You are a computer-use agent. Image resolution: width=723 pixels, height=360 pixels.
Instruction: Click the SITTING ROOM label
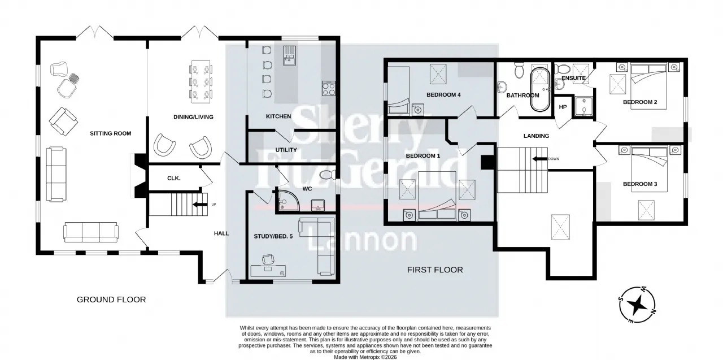click(x=110, y=133)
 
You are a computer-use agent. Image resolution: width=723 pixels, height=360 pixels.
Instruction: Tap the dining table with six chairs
click(x=201, y=82)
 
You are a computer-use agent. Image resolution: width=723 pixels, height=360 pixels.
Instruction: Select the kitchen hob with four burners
click(x=329, y=89)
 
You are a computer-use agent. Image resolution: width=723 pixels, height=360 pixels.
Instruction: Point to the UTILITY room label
click(x=286, y=150)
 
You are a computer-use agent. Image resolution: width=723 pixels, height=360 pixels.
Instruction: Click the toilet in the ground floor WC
click(x=328, y=175)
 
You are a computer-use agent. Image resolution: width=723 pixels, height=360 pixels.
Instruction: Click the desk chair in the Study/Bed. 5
click(x=268, y=259)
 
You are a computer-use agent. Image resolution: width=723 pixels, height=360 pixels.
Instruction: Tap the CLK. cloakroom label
click(x=173, y=178)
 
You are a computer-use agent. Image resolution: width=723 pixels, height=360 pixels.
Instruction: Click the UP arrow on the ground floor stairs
click(x=200, y=205)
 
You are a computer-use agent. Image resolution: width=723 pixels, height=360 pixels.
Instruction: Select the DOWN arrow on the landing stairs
click(x=539, y=159)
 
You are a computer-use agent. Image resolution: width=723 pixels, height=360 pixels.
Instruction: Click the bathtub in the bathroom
click(x=541, y=89)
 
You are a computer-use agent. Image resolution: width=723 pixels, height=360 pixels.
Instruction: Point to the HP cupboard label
click(x=563, y=107)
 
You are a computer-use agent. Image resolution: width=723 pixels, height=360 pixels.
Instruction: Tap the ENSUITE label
click(x=573, y=78)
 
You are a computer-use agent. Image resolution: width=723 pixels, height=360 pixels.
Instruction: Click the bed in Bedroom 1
click(x=437, y=196)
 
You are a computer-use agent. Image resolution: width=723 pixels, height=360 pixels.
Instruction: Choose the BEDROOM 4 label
click(x=443, y=94)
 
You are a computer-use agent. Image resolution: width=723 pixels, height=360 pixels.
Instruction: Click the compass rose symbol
click(x=637, y=305)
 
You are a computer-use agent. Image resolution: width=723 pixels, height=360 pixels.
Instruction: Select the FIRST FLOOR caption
click(x=435, y=270)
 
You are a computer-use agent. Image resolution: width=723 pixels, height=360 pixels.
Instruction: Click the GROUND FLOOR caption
click(x=111, y=300)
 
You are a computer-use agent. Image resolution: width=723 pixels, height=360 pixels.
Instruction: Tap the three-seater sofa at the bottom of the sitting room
click(x=91, y=232)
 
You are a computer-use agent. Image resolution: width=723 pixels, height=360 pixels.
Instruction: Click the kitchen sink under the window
click(x=289, y=55)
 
